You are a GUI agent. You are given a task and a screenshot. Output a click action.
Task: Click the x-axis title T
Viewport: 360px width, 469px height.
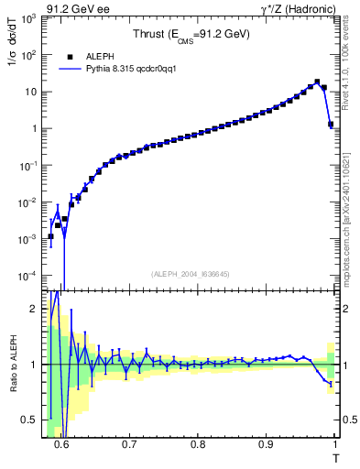tap(335, 456)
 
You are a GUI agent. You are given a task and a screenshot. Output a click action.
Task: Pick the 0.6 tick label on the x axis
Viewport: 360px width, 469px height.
tap(61, 444)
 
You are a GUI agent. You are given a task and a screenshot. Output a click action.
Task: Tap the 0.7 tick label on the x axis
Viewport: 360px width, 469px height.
tap(129, 444)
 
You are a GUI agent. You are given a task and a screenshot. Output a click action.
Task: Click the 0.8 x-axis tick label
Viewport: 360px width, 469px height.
tap(197, 444)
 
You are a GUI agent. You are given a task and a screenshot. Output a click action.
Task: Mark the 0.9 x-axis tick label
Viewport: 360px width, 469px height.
tap(266, 444)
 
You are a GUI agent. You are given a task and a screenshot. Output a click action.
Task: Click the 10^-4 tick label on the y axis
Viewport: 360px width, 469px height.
tap(28, 276)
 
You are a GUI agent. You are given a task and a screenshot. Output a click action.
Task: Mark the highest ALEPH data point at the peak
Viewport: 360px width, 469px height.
tap(317, 82)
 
